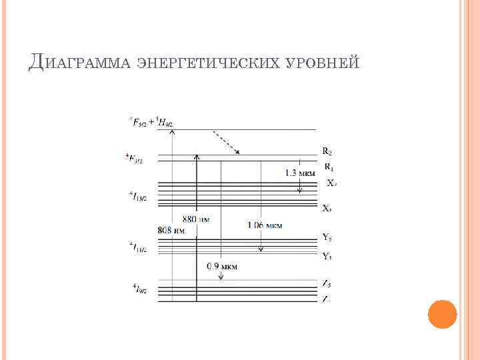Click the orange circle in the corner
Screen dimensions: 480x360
pyautogui.click(x=441, y=314)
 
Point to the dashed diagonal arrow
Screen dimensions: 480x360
pyautogui.click(x=227, y=143)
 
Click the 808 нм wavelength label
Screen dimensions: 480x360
pyautogui.click(x=171, y=231)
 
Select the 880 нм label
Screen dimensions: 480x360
pyautogui.click(x=196, y=219)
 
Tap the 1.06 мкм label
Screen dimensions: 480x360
pyautogui.click(x=265, y=225)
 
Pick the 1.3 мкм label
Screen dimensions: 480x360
pyautogui.click(x=300, y=173)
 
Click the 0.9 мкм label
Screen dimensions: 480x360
pyautogui.click(x=222, y=266)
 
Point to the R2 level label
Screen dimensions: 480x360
pyautogui.click(x=327, y=151)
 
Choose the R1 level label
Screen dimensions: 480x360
pyautogui.click(x=328, y=166)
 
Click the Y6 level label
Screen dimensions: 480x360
pyautogui.click(x=327, y=237)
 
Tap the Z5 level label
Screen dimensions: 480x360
pyautogui.click(x=327, y=283)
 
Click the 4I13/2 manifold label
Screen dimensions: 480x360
pyautogui.click(x=139, y=196)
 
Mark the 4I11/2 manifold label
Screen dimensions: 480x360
pyautogui.click(x=139, y=247)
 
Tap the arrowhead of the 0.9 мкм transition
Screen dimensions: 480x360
pyautogui.click(x=221, y=277)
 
